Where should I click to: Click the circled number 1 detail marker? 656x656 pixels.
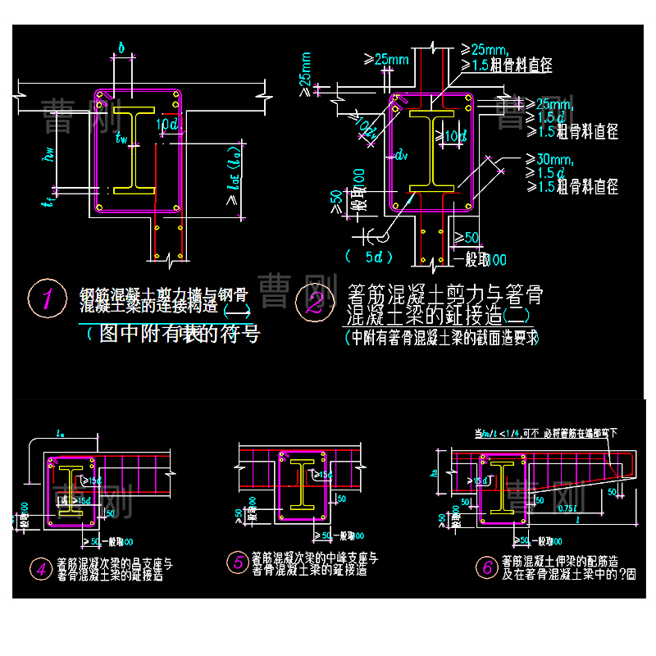tap(47, 298)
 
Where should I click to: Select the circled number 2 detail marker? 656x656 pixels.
tap(314, 301)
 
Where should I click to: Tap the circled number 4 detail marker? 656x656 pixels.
tap(39, 567)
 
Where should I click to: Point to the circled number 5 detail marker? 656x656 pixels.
tap(237, 562)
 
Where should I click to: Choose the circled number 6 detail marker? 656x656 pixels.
tap(486, 567)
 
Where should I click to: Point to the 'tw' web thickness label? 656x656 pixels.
tap(122, 139)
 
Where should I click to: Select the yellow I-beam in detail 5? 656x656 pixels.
tap(303, 485)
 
